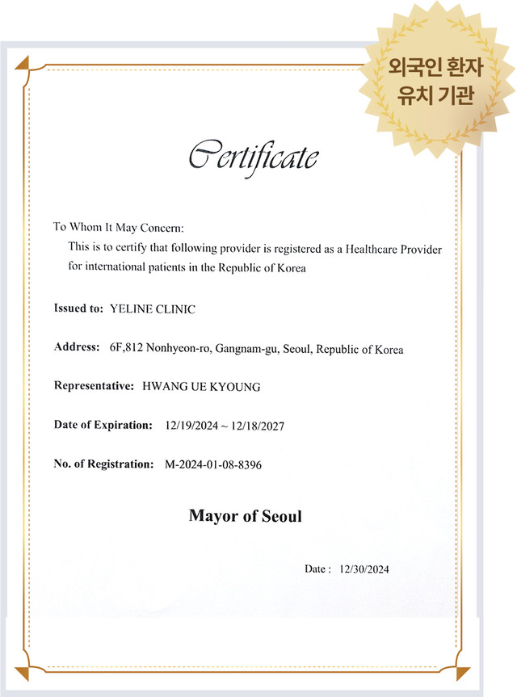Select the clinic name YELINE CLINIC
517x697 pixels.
point(152,309)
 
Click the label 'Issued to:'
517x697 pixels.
point(78,309)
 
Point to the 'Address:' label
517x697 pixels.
point(76,347)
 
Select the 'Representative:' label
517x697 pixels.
point(94,386)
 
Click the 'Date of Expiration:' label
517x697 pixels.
point(103,425)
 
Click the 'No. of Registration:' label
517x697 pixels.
point(103,464)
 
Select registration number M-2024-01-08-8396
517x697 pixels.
point(213,465)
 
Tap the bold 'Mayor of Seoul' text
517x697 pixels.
point(245,515)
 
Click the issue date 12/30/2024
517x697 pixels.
point(364,570)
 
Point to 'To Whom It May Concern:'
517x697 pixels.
point(119,227)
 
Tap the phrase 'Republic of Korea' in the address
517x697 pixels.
point(359,349)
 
